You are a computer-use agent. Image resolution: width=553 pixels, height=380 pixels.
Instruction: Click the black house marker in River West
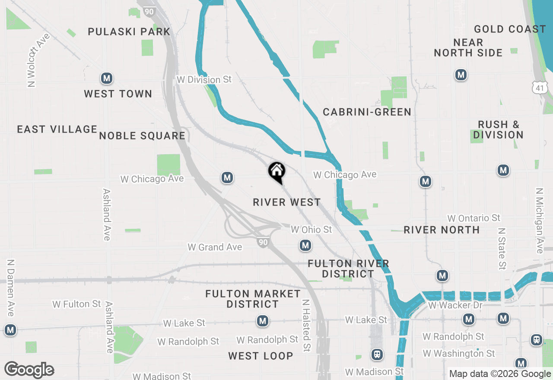276,171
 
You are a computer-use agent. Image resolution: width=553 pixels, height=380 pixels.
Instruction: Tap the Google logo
29,370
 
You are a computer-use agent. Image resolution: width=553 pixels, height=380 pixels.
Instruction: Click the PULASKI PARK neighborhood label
129,32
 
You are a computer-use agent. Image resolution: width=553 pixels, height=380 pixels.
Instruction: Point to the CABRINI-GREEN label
367,112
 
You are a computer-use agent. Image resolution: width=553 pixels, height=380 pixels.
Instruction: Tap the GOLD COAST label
510,29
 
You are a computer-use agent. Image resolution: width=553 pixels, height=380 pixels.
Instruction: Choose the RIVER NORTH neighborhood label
442,230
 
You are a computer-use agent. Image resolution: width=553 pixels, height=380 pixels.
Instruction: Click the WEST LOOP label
261,356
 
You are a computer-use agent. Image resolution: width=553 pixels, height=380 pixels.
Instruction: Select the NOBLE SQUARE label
142,136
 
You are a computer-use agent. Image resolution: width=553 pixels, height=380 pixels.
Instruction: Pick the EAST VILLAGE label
57,129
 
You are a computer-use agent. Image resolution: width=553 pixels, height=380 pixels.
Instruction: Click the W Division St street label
204,80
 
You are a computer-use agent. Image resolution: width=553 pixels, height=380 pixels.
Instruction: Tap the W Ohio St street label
311,229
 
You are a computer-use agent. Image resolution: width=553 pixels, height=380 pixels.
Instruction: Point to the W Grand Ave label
215,247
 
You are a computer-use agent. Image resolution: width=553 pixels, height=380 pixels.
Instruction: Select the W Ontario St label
474,218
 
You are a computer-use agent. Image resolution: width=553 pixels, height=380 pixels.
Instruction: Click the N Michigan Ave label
539,220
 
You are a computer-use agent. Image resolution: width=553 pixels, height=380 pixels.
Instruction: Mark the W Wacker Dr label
450,305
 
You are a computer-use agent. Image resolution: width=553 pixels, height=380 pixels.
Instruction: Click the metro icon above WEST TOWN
107,78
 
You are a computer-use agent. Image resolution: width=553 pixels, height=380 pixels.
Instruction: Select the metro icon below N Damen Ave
10,330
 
